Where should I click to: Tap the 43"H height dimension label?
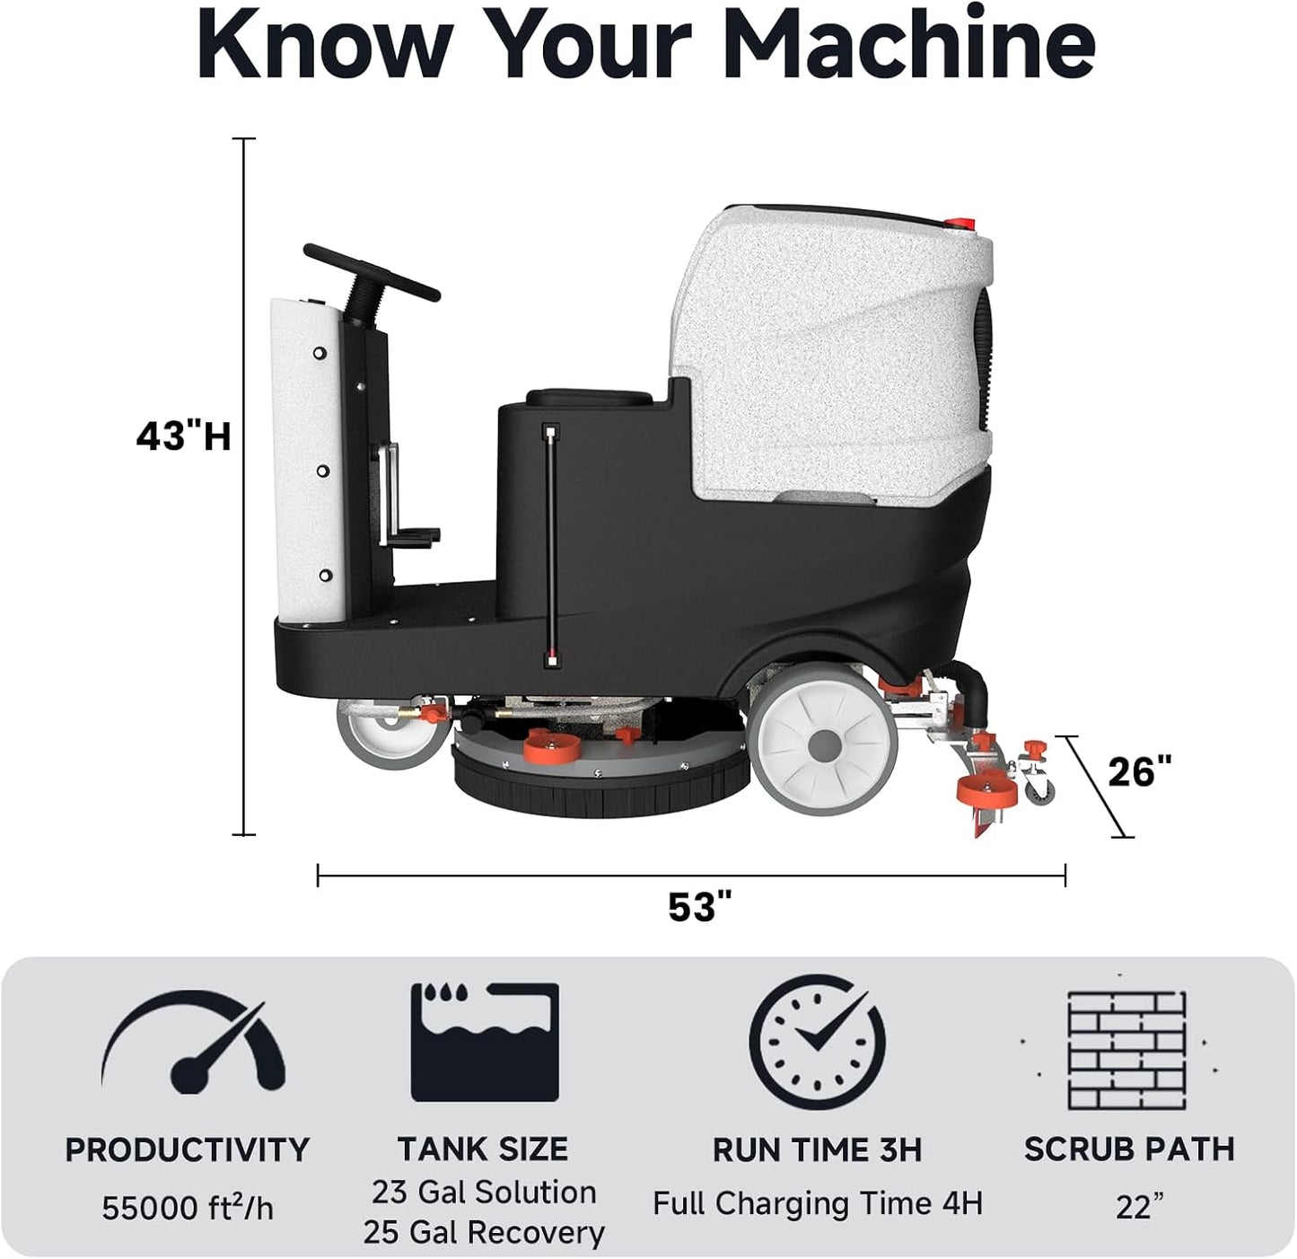[x=184, y=436]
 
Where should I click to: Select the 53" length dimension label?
[x=694, y=907]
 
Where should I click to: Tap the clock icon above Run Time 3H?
[x=817, y=1042]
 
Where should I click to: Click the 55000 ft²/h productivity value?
[x=187, y=1208]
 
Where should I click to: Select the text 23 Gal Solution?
[x=484, y=1192]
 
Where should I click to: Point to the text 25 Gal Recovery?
[x=484, y=1232]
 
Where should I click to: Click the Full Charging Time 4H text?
[x=817, y=1202]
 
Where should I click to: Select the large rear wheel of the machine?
[x=823, y=744]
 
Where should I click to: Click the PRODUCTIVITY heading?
[x=187, y=1150]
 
